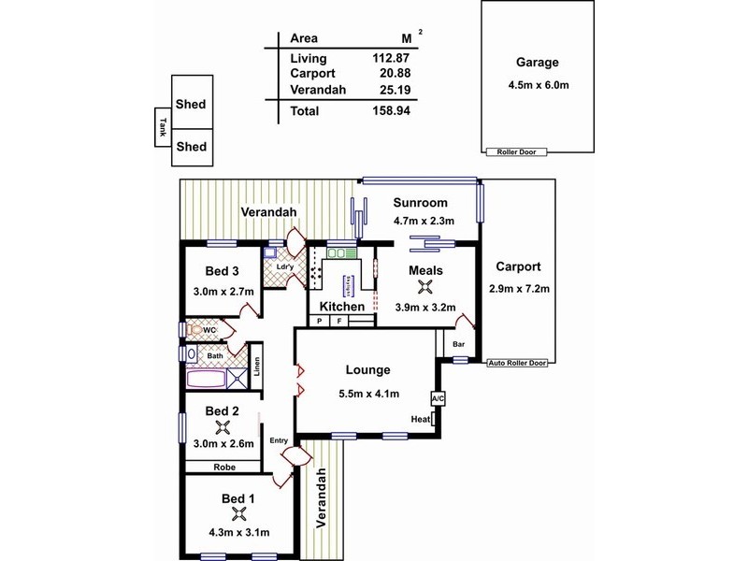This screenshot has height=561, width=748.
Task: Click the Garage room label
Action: click(536, 64)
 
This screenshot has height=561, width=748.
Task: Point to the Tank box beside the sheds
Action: click(162, 126)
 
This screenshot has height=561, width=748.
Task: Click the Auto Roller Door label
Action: click(519, 363)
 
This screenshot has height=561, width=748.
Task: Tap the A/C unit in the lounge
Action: click(437, 399)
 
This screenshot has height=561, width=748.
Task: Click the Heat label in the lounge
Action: click(420, 420)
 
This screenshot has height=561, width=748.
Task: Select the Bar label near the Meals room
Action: click(459, 344)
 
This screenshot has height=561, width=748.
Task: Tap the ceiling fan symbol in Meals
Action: click(425, 287)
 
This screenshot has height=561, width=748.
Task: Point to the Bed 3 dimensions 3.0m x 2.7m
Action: click(223, 290)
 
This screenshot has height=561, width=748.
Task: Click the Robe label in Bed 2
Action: click(223, 467)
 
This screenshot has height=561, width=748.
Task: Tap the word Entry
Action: click(279, 441)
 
